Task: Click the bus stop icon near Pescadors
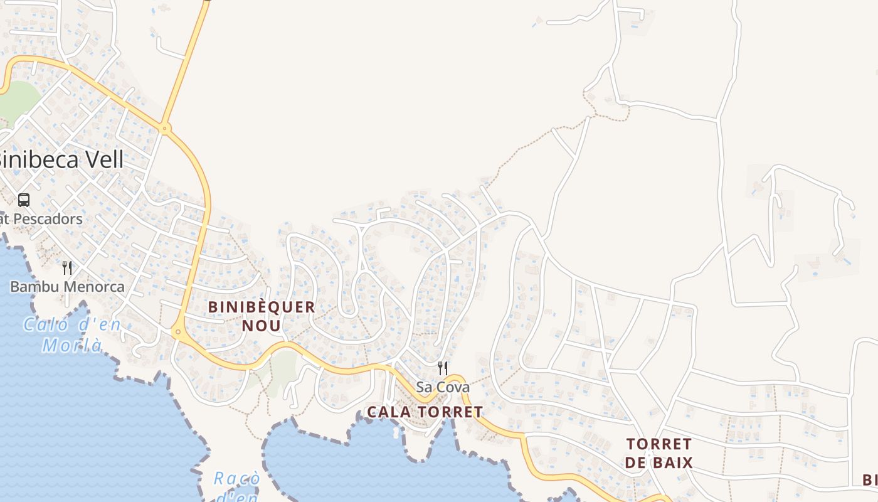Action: point(24,200)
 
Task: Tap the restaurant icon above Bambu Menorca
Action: point(67,268)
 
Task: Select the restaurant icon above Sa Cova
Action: point(443,368)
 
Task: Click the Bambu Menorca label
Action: point(67,287)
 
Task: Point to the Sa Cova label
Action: point(443,387)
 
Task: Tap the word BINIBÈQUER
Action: point(262,307)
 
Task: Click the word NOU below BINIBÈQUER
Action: point(262,326)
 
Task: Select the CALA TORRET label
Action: point(425,412)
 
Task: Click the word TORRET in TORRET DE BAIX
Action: point(659,444)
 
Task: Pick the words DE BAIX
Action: point(659,463)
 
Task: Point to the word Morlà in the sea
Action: point(72,344)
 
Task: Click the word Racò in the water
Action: point(236,479)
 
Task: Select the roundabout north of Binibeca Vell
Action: point(165,129)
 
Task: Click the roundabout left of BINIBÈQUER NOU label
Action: point(178,332)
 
